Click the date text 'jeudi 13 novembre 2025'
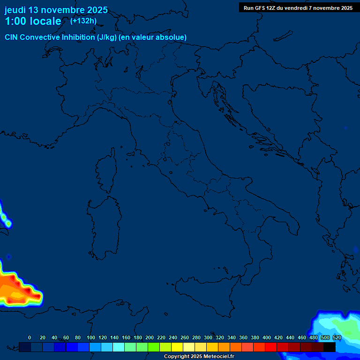tap(56, 10)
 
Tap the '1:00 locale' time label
tap(33, 21)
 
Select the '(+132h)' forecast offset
tap(83, 21)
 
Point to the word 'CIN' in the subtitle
tap(12, 37)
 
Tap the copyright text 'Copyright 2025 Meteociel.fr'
tap(199, 357)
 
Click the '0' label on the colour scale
tap(30, 337)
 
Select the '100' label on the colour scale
tap(91, 337)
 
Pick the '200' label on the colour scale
tap(150, 337)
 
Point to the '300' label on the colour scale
tap(208, 337)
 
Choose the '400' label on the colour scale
tap(267, 337)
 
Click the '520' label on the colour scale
tap(337, 337)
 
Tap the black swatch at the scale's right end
tap(330, 347)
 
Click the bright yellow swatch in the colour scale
tap(177, 347)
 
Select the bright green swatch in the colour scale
tap(154, 347)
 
